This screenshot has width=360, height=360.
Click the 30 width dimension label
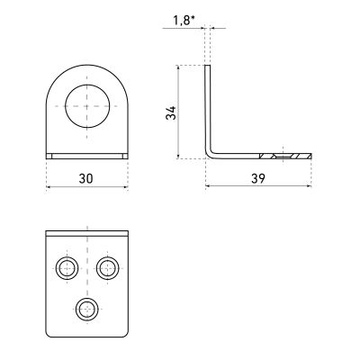pyautogui.click(x=86, y=179)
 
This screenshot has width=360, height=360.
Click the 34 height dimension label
pyautogui.click(x=171, y=112)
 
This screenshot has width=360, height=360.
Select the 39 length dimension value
pyautogui.click(x=258, y=179)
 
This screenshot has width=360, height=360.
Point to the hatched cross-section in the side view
pyautogui.click(x=285, y=156)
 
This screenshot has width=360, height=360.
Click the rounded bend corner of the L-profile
pyautogui.click(x=209, y=153)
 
